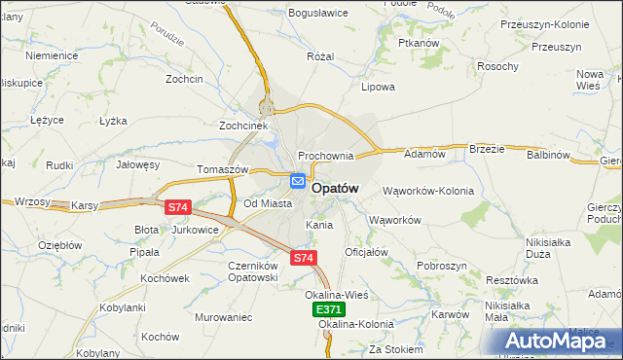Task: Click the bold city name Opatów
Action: (x=336, y=189)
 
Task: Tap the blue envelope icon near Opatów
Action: (x=298, y=181)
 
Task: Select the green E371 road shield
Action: (x=329, y=308)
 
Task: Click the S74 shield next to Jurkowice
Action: (x=176, y=207)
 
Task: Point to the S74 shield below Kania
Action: (x=304, y=258)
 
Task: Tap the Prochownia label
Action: (x=326, y=156)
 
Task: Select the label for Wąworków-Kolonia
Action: (x=428, y=191)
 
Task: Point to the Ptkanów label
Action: (x=420, y=44)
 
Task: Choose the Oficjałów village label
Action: (x=366, y=252)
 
